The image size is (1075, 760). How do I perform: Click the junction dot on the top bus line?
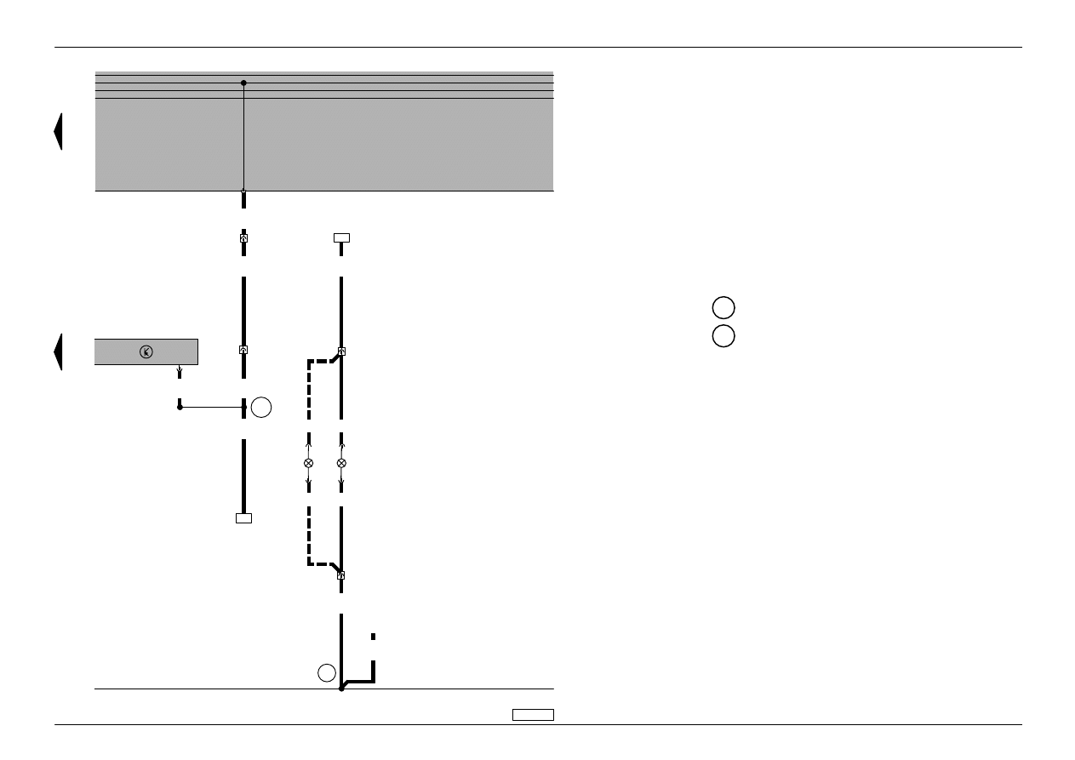[243, 83]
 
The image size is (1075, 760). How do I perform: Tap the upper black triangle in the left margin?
[58, 131]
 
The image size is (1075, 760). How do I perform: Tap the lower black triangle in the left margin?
[58, 351]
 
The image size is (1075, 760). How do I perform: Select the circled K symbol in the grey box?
[146, 351]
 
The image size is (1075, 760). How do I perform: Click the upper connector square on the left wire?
[243, 238]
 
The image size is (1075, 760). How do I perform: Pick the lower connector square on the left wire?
[243, 350]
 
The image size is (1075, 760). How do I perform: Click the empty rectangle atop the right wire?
[341, 237]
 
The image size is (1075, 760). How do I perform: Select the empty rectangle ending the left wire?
[243, 517]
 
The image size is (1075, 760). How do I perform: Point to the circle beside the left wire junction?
[261, 408]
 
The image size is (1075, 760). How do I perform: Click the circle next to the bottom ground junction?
[327, 672]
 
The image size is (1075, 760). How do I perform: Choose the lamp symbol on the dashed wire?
[308, 463]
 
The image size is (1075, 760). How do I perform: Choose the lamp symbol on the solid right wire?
[341, 463]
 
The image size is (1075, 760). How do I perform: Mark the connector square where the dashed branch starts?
[341, 351]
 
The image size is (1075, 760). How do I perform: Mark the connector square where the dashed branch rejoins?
[341, 575]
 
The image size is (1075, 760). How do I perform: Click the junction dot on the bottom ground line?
[341, 688]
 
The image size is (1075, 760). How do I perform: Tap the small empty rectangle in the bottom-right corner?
[533, 714]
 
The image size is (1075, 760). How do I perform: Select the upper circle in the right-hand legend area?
[723, 308]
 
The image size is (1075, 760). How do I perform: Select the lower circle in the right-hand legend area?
[723, 335]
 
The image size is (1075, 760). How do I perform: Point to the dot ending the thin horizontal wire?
[180, 408]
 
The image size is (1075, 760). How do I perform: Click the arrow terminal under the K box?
[179, 371]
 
